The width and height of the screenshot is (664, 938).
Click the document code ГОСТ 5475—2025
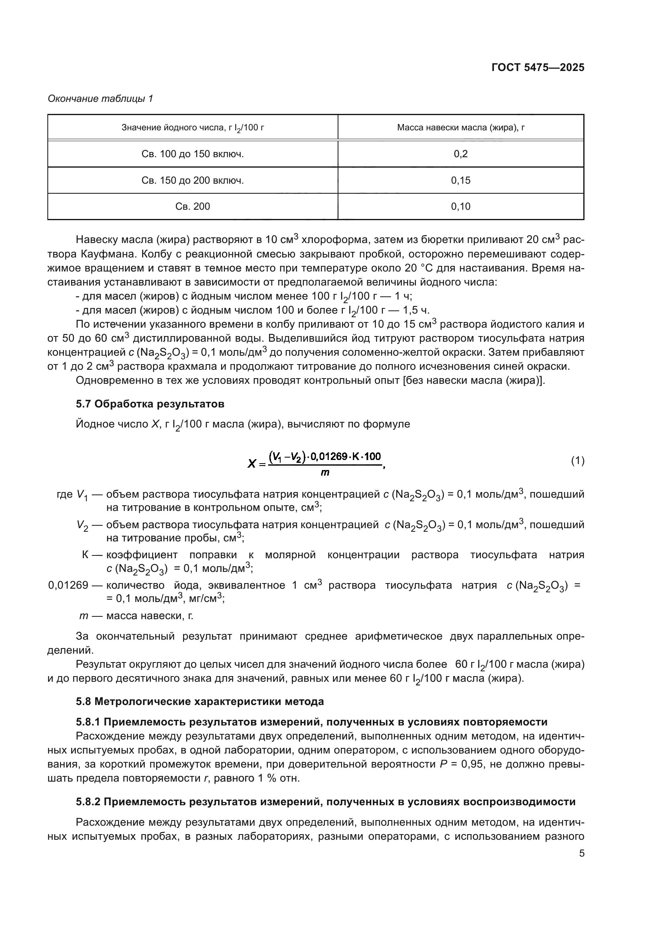point(538,68)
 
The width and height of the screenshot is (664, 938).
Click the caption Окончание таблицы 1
point(101,99)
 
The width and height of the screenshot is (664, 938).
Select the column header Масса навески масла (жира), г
point(461,128)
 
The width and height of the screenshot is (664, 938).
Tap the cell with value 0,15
point(461,180)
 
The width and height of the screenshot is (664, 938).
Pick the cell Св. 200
point(193,206)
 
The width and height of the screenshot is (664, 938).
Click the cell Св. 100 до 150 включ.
point(193,154)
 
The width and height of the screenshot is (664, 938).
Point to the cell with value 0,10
point(461,206)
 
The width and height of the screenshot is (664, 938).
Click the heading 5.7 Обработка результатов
point(150,404)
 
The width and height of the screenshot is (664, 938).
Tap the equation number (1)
point(577,461)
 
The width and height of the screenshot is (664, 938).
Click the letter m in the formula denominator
point(325,473)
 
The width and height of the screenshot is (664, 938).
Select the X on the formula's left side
point(252,464)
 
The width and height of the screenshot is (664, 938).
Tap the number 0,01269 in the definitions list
point(68,585)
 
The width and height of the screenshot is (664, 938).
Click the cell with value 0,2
point(461,154)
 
